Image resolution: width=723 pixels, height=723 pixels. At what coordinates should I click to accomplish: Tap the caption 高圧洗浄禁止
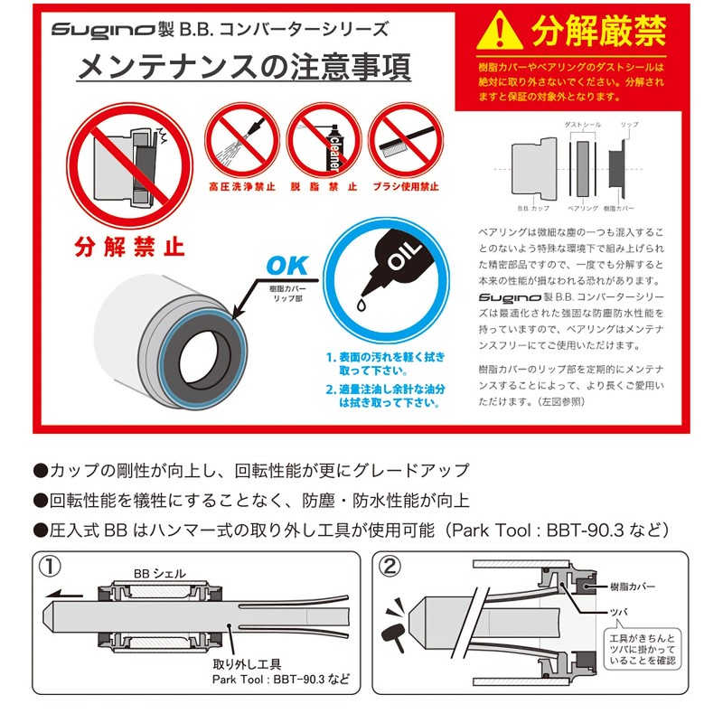tap(241, 188)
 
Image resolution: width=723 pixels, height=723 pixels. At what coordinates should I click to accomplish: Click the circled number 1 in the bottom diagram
tap(51, 568)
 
